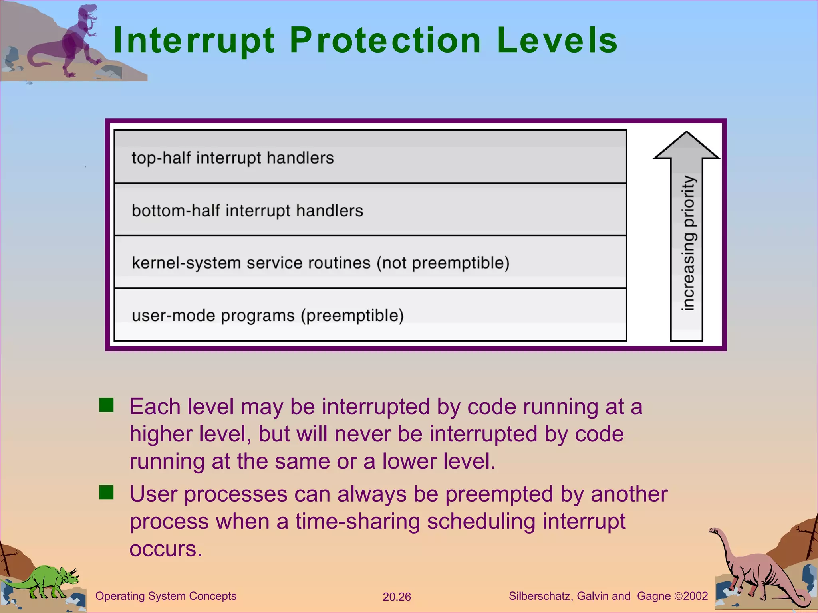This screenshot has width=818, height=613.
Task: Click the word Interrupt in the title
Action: click(194, 41)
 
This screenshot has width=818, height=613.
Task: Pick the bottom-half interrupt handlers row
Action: click(370, 210)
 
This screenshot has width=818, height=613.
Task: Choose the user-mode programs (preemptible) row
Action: click(370, 315)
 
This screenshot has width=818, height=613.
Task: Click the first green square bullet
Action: click(107, 405)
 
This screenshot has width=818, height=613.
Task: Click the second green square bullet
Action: click(107, 492)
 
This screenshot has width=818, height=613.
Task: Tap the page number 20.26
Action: click(397, 597)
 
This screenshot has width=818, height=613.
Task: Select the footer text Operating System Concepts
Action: click(166, 596)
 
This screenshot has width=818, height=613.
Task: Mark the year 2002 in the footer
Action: click(695, 596)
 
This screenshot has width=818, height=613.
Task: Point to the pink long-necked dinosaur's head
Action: click(714, 531)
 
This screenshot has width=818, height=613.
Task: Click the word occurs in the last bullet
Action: click(166, 549)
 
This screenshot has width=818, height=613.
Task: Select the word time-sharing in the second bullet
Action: click(357, 521)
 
